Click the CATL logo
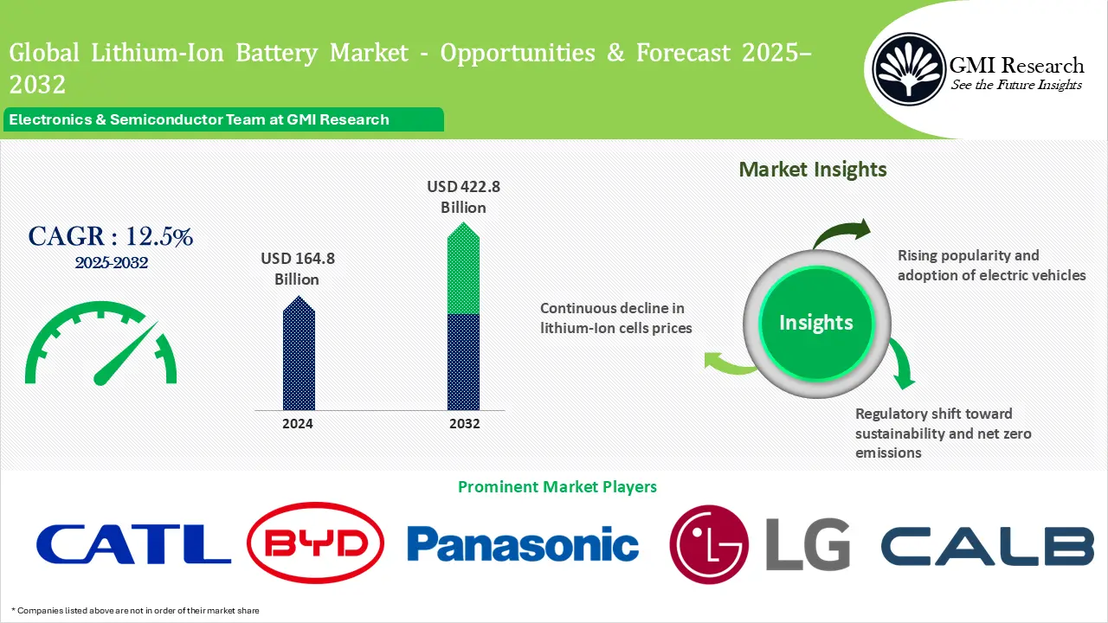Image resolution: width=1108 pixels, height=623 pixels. (x=133, y=544)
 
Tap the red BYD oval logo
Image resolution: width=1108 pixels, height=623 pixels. (x=315, y=544)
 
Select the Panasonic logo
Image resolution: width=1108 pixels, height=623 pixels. (x=523, y=544)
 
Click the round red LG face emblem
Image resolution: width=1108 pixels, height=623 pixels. (x=709, y=545)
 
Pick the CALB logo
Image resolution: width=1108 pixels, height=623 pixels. (x=987, y=545)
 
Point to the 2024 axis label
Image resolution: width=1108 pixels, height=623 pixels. (x=298, y=424)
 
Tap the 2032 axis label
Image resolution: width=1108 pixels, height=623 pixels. (x=464, y=424)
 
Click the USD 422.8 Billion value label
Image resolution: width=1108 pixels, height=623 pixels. (x=463, y=196)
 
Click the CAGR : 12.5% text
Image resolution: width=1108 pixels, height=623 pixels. (x=111, y=236)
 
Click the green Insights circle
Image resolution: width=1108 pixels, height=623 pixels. (x=815, y=323)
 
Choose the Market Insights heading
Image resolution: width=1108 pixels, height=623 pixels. (x=812, y=170)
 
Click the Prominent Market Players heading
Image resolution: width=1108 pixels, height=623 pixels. (x=557, y=487)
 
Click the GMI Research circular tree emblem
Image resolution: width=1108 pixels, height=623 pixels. (x=908, y=68)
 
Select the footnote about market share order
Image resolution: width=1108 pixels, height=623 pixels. (x=135, y=611)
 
